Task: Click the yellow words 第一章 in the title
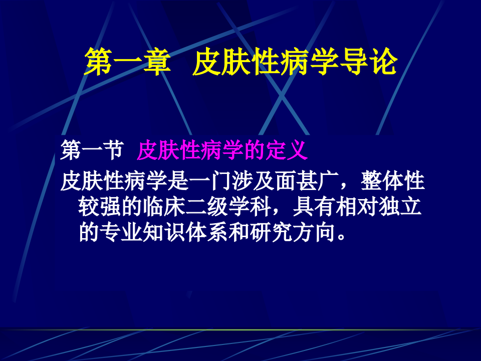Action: pyautogui.click(x=126, y=63)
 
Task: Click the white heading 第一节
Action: pyautogui.click(x=92, y=150)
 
